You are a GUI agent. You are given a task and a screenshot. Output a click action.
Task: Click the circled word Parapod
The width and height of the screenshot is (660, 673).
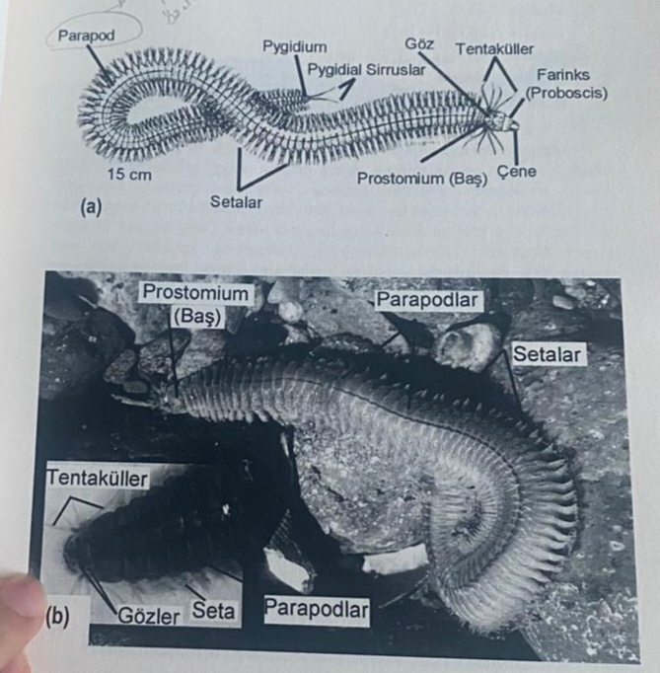tap(86, 36)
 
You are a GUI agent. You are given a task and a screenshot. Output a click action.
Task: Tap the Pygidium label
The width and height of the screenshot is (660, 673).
tap(295, 46)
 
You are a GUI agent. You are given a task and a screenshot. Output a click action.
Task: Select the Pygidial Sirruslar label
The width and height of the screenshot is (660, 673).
tap(366, 69)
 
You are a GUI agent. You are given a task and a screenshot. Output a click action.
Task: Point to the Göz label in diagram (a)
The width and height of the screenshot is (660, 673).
tap(419, 43)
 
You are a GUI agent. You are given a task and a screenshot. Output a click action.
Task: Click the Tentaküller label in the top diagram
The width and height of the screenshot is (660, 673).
tap(494, 49)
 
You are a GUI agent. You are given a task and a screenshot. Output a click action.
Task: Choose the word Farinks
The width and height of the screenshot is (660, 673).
tap(563, 75)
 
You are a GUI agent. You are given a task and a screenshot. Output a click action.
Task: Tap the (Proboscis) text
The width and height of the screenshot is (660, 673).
tap(566, 93)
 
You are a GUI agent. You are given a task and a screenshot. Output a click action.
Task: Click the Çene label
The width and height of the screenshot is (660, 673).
tap(517, 172)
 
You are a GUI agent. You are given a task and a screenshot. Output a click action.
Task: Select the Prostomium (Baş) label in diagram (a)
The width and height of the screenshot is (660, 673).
tap(422, 179)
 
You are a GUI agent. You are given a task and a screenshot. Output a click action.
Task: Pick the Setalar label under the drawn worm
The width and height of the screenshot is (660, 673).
tap(236, 201)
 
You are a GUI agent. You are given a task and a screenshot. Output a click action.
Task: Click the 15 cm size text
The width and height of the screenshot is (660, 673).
tap(129, 175)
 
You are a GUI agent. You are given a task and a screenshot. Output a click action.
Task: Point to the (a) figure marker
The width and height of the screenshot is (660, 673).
tap(91, 208)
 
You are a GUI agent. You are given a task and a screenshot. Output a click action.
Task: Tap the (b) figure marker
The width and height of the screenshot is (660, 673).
tap(57, 616)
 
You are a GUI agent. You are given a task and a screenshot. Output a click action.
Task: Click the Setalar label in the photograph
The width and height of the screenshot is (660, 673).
tap(547, 354)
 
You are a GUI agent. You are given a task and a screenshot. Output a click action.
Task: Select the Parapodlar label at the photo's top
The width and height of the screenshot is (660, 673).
tap(427, 300)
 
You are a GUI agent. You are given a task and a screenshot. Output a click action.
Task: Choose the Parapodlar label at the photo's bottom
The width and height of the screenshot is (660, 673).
tap(317, 609)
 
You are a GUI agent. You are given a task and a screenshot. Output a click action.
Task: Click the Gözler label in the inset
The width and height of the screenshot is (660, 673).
tap(149, 616)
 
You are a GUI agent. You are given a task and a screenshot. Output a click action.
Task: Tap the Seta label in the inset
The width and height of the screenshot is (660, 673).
tap(213, 610)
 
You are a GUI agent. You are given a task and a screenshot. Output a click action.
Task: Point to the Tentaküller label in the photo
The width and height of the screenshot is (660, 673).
tap(98, 478)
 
